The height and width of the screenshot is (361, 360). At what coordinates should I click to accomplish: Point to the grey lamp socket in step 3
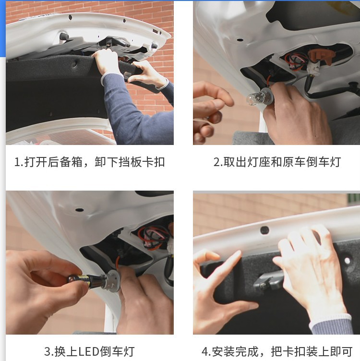coord(112,280)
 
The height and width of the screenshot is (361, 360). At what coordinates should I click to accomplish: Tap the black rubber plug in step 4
coord(264,229)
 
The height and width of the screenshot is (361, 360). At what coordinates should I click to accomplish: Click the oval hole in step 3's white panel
coord(79,210)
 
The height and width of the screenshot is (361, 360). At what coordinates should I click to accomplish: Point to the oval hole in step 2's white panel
coord(240,40)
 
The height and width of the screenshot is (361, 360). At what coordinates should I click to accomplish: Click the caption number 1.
coord(17,162)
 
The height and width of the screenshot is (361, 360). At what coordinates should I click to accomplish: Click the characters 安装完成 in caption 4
coord(235,351)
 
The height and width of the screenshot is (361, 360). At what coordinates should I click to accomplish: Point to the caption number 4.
coord(204,351)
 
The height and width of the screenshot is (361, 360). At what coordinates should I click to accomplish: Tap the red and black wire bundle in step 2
coord(295,61)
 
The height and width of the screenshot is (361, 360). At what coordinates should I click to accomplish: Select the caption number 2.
coord(216,162)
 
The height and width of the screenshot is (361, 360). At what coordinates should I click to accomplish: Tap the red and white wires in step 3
coord(153,237)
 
